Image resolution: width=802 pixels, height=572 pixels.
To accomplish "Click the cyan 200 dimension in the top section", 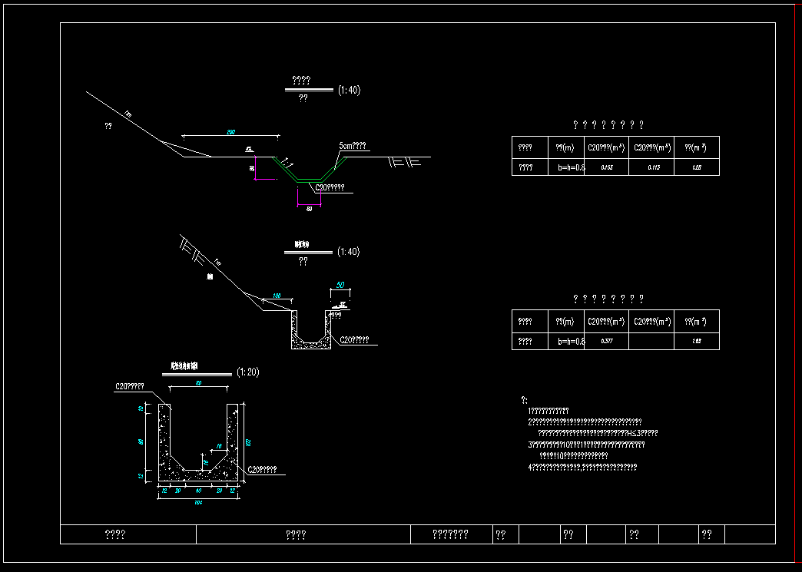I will click(230, 132).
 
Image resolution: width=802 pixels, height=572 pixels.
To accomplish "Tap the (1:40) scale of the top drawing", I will click(349, 91).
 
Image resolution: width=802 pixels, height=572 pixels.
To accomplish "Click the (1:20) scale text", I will click(248, 372).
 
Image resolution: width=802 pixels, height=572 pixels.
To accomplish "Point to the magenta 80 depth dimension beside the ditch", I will click(252, 167).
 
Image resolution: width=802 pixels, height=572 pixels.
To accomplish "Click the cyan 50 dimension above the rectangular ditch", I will click(340, 286).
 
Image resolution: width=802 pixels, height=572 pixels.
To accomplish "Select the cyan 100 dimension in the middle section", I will click(277, 296).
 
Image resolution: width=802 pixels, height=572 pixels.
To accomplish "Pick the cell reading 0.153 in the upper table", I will click(607, 167).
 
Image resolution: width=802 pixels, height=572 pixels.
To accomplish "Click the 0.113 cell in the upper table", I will click(654, 167).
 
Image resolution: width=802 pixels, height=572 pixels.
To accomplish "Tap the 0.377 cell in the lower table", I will click(607, 341).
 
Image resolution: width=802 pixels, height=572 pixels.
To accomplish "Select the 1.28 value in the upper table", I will click(697, 167).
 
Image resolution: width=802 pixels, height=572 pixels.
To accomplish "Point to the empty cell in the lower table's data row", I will click(651, 341).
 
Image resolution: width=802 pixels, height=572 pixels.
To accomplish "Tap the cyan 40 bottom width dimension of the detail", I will click(199, 490).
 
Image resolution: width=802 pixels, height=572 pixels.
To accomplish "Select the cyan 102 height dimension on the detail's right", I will click(248, 441).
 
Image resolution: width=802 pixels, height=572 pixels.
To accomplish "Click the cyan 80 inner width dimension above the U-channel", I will click(198, 383).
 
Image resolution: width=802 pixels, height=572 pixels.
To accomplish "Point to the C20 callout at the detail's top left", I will click(130, 386).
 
